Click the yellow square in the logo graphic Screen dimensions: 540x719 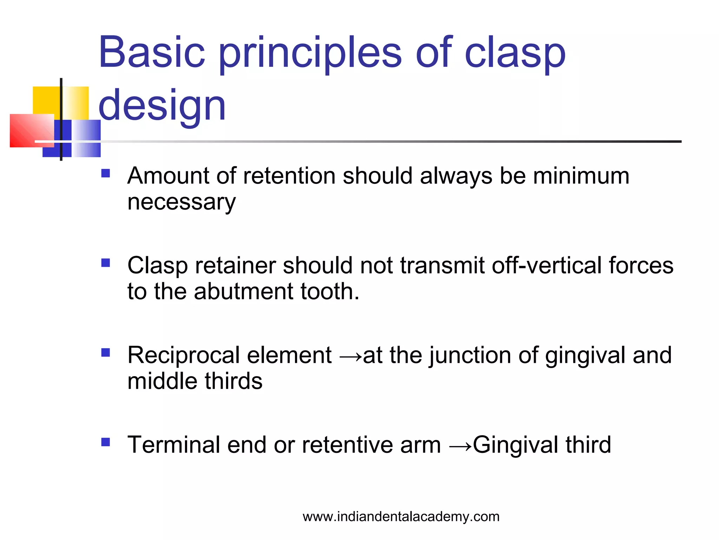point(46,100)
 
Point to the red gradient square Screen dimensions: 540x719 point(32,130)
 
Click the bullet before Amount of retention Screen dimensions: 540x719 point(105,173)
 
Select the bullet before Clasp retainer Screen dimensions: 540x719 point(105,263)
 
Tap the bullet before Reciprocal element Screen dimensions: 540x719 point(105,353)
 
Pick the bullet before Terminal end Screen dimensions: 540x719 point(105,442)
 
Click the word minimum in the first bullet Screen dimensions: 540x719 point(581,175)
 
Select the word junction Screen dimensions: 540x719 point(470,355)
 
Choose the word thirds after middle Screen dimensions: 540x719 point(233,381)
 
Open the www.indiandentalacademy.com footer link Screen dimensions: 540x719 point(401,516)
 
